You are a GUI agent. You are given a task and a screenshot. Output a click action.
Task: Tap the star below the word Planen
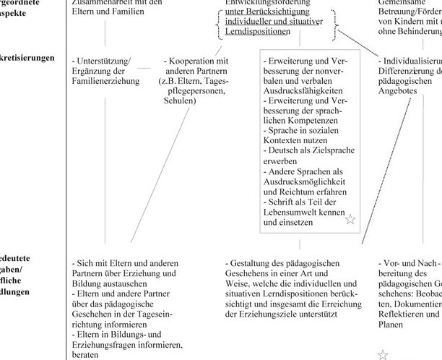tap(383, 354)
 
